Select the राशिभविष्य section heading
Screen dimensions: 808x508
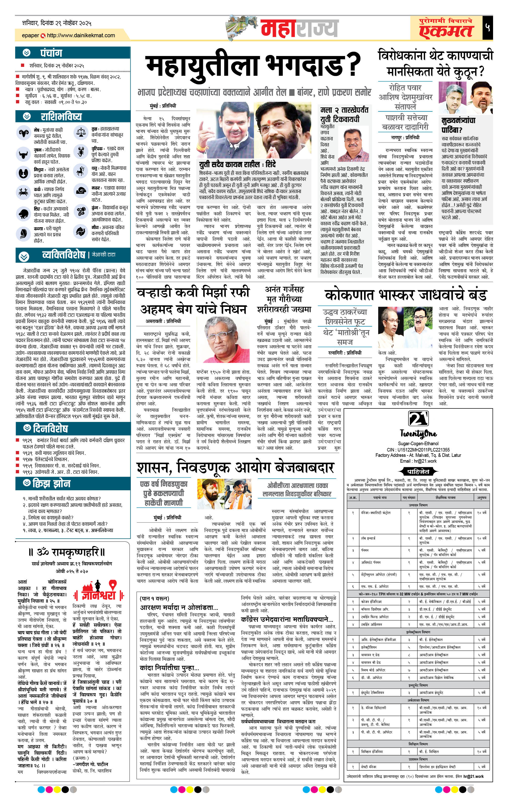click(x=61, y=117)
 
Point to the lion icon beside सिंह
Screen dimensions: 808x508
click(x=24, y=213)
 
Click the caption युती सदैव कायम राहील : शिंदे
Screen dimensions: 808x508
click(x=237, y=164)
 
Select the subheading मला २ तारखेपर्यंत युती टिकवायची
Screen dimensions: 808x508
click(x=344, y=115)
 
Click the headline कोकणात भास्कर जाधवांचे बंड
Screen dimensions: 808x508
click(x=406, y=295)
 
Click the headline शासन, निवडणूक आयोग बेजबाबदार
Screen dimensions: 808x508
click(x=235, y=467)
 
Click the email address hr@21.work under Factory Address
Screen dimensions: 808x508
click(x=418, y=461)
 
